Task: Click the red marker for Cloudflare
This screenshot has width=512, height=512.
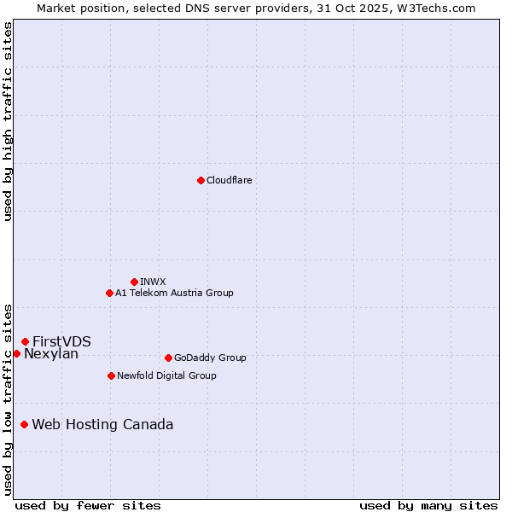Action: (201, 180)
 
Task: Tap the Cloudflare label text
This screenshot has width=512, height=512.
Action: (230, 180)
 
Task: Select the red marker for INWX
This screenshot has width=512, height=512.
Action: (134, 282)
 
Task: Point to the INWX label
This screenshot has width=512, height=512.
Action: (153, 282)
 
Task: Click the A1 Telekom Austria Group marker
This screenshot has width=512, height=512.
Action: (109, 293)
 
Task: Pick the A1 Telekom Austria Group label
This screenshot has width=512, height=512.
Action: (174, 293)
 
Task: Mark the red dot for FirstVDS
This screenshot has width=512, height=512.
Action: (25, 341)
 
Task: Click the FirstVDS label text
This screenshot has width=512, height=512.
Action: (61, 341)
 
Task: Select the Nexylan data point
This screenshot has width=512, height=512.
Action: (16, 353)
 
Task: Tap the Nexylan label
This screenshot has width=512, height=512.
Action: (51, 354)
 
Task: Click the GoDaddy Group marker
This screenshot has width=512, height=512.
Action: (168, 358)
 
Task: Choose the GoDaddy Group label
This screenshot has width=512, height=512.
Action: (210, 358)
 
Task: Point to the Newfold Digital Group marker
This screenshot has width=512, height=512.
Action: (111, 375)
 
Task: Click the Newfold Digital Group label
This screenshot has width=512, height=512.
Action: (166, 375)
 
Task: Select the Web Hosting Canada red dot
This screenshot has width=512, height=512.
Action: (24, 424)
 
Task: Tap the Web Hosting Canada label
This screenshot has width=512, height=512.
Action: (102, 424)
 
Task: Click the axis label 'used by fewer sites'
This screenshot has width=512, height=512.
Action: (88, 505)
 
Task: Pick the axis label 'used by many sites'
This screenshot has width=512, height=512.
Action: (428, 505)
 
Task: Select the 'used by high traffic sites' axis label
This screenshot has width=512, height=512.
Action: (8, 121)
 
